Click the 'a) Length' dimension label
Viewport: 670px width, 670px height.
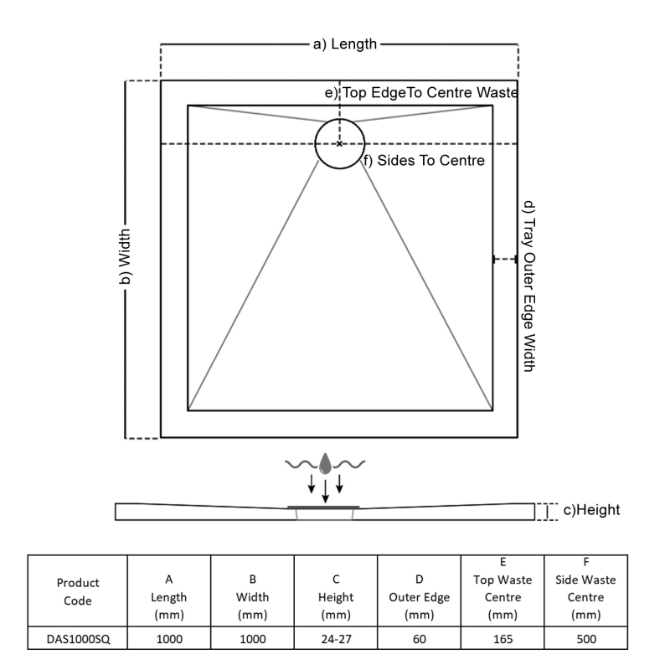pos(345,44)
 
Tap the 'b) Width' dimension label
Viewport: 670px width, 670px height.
pos(126,260)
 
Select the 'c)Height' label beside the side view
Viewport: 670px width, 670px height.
pos(591,510)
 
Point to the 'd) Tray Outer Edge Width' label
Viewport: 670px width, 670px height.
pos(528,285)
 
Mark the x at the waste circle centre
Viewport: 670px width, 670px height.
pos(339,144)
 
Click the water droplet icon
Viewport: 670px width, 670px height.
pos(326,461)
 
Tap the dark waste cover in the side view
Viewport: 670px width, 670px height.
pos(324,507)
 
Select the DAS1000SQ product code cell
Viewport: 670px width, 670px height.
pos(78,639)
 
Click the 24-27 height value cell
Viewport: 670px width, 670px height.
pos(335,639)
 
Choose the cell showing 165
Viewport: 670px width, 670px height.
pos(502,639)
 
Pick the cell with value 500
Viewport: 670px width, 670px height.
pos(585,639)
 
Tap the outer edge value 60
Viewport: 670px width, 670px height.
pos(419,639)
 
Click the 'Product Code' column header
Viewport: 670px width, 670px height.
pos(78,590)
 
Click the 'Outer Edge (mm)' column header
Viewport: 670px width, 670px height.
pos(419,597)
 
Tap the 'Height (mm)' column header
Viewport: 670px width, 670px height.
pos(335,597)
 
